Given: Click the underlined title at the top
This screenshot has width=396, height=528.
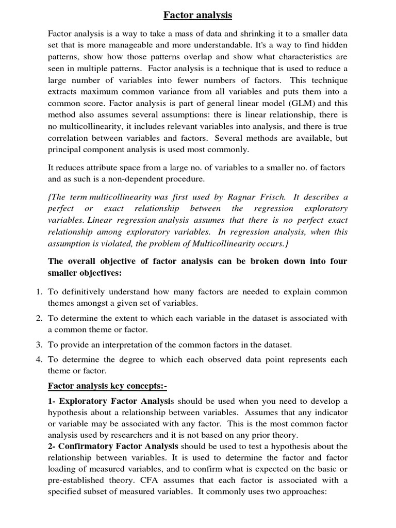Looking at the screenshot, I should (198, 15).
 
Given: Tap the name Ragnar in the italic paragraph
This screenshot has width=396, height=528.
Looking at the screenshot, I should (247, 197).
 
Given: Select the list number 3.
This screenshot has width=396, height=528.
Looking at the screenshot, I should (39, 344).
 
